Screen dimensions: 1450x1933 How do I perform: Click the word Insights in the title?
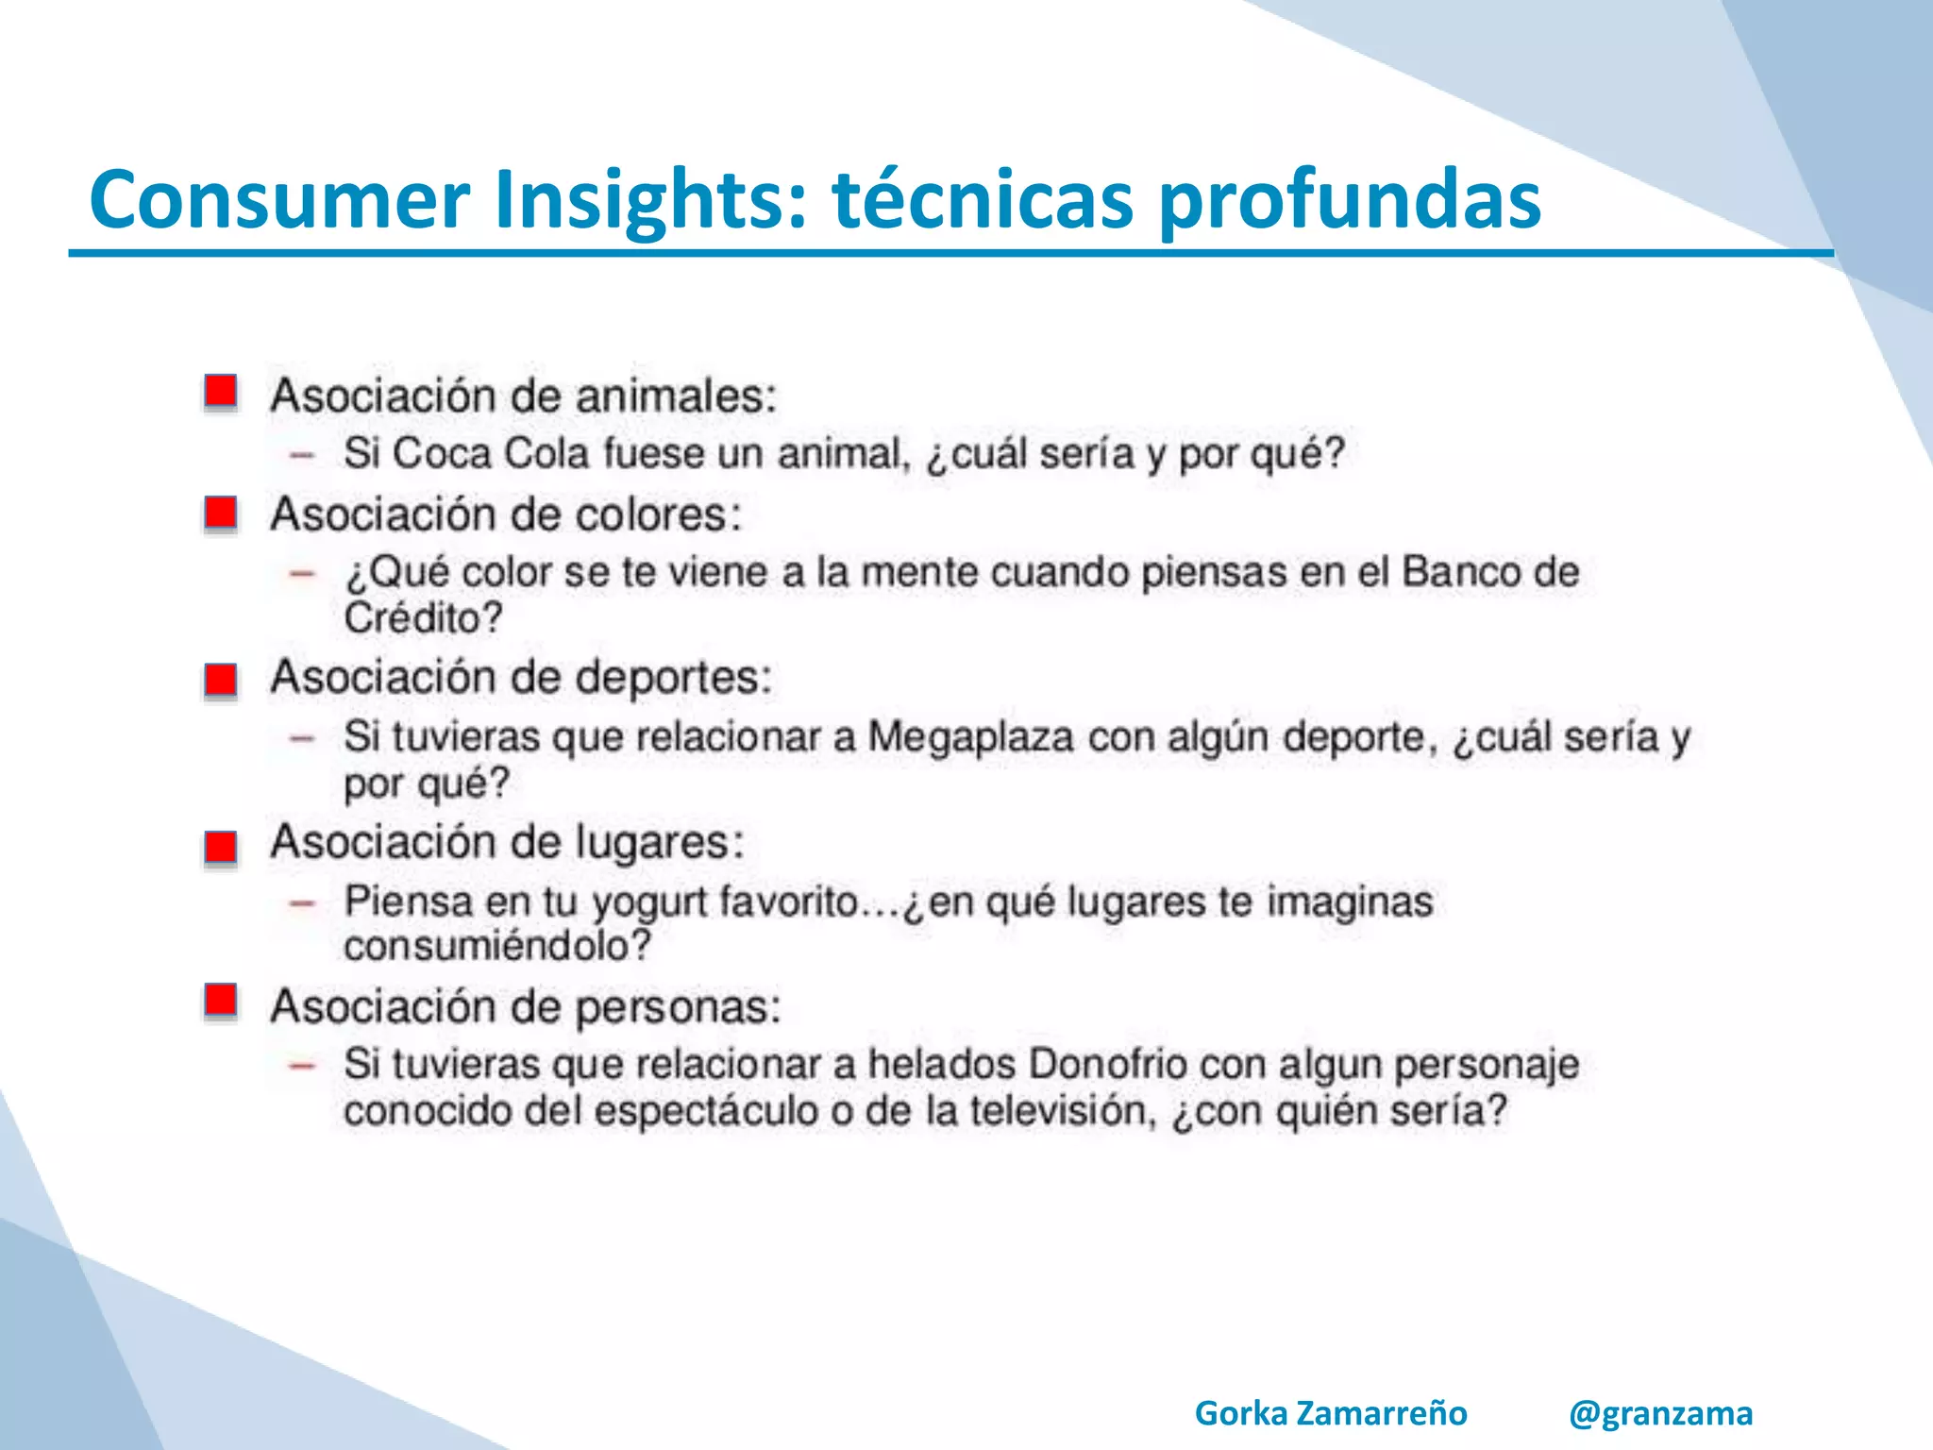click(651, 200)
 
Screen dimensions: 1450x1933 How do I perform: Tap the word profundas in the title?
click(1349, 200)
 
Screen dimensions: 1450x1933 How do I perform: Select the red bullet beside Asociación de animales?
click(221, 392)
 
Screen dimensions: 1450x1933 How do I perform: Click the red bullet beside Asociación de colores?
click(221, 514)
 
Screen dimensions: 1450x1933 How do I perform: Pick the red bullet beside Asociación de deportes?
click(221, 679)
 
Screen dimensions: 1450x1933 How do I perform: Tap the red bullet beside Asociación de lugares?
click(221, 846)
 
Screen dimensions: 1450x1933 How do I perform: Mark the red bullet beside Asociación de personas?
click(221, 1000)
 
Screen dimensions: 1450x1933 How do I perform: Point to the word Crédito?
click(422, 618)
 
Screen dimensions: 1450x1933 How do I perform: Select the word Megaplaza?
click(969, 737)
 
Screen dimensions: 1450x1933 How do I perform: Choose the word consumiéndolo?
click(497, 945)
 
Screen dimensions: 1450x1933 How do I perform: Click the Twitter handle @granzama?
click(1660, 1413)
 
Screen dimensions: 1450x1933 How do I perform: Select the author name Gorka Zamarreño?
click(1331, 1413)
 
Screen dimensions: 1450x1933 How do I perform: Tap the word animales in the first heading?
click(676, 396)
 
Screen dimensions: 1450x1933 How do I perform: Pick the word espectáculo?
click(706, 1111)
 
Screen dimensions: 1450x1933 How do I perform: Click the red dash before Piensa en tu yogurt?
click(301, 903)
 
